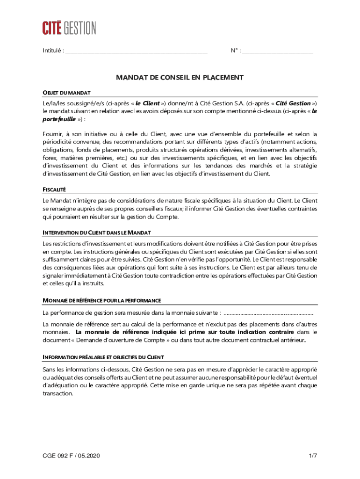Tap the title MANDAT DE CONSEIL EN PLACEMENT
[x=180, y=78]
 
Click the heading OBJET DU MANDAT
[x=66, y=93]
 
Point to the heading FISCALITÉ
[x=54, y=189]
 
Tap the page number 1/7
[x=313, y=455]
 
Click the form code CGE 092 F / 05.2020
[x=71, y=455]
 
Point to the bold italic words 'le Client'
[x=148, y=103]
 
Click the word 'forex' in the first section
[x=50, y=158]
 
